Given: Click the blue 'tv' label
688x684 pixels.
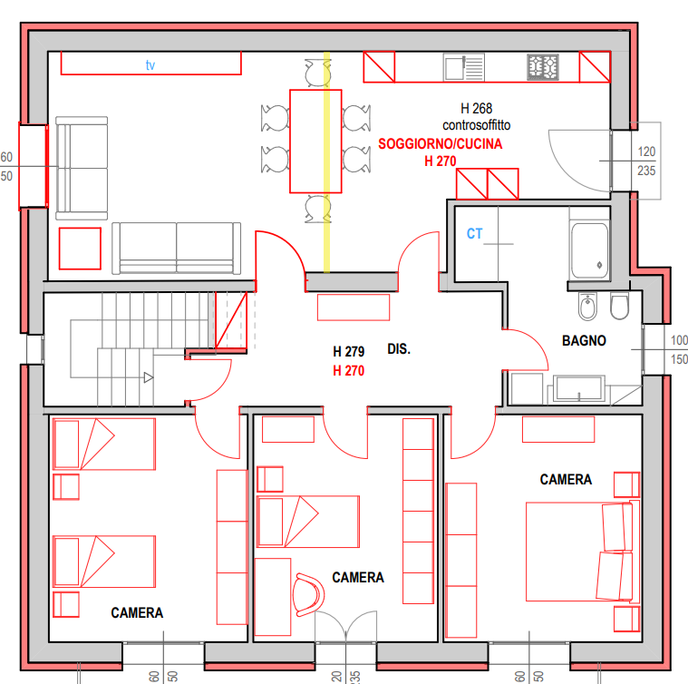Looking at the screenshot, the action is tap(150, 65).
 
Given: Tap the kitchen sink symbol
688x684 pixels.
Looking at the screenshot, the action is tap(464, 67).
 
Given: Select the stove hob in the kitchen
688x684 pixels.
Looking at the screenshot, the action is tap(543, 67).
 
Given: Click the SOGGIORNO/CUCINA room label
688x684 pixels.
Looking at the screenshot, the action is tap(441, 144).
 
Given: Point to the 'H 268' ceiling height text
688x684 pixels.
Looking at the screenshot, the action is tap(477, 109).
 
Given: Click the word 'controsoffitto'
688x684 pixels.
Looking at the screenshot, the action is tap(477, 125).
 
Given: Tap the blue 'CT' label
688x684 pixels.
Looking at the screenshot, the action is tap(474, 233).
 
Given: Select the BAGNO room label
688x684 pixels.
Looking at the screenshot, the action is tap(584, 341).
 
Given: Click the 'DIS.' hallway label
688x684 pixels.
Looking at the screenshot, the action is tap(399, 349).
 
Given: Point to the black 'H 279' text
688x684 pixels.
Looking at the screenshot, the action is tap(348, 352).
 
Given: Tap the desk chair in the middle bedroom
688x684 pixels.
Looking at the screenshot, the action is tap(309, 595).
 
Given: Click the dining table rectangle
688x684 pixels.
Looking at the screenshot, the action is tap(315, 142).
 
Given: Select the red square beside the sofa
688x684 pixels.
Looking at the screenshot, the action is tap(80, 249).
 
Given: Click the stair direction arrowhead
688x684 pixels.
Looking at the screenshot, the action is tap(149, 377).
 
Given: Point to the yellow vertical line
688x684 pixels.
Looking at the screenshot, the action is tap(326, 162).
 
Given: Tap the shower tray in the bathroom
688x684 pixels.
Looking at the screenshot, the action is tap(590, 250).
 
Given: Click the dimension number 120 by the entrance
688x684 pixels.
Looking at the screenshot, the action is tap(646, 151).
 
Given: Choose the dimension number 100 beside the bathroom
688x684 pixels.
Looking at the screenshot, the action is tap(679, 340).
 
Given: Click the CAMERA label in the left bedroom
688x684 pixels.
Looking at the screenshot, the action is tap(137, 613).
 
